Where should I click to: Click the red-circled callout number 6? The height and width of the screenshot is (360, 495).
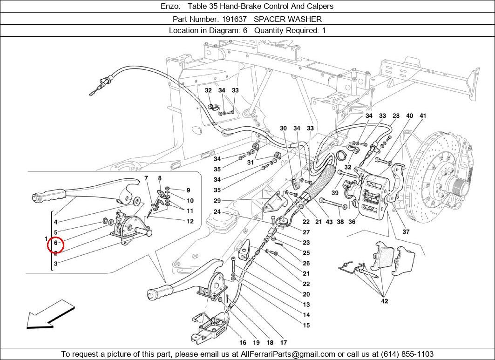coord(55,243)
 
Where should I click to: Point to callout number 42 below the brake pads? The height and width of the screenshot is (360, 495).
coord(384,301)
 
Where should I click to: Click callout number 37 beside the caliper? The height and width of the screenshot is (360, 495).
coord(406,232)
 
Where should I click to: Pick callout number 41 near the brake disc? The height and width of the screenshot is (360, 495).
coord(423,115)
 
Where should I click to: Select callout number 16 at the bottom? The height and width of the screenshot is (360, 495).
coord(243,343)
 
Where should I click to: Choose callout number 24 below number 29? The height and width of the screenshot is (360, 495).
coord(217,212)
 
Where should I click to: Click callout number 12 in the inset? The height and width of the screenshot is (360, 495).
coord(190,221)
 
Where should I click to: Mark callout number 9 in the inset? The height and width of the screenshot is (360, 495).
coord(188,190)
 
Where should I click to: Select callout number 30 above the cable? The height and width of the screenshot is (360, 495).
coord(284,129)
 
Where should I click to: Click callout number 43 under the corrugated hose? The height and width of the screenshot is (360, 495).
coord(329,222)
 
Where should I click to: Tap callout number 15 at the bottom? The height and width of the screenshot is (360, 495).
coord(306,326)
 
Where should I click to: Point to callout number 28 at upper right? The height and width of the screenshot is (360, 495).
coord(396,115)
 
